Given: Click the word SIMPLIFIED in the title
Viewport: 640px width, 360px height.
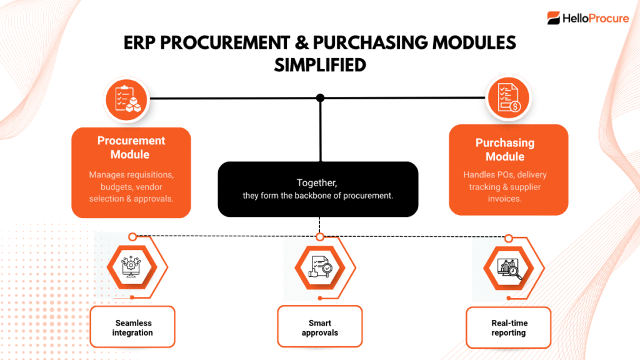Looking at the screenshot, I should click(320, 64).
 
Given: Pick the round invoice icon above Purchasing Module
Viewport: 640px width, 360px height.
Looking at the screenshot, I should click(507, 98).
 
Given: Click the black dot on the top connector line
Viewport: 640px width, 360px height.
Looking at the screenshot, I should click(320, 97).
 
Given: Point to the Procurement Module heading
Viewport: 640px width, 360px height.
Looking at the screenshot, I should click(131, 147).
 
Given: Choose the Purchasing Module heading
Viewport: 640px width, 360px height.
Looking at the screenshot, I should click(505, 149).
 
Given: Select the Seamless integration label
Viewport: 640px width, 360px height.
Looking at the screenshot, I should click(133, 327).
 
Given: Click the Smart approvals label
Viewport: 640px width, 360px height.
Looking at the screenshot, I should click(320, 327).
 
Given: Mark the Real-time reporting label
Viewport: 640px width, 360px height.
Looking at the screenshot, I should click(509, 327).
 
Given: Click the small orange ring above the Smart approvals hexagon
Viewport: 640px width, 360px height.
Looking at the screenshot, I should click(320, 237).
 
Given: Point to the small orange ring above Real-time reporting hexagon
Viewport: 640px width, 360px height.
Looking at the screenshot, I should click(509, 238).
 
